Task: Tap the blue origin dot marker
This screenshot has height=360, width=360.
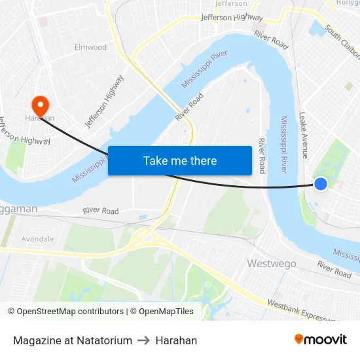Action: tap(321, 184)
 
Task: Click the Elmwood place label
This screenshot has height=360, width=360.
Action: tap(90, 47)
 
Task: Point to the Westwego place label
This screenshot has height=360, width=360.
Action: tap(271, 263)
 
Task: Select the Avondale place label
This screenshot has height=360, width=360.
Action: tap(38, 239)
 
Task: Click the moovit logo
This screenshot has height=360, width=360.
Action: tap(320, 340)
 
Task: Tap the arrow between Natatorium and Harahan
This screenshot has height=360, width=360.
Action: tap(144, 340)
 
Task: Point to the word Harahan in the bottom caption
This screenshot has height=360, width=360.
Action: tap(176, 340)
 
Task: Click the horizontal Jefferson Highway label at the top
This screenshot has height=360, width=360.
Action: tap(232, 18)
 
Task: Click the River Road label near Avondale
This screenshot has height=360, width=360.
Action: tap(101, 211)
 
